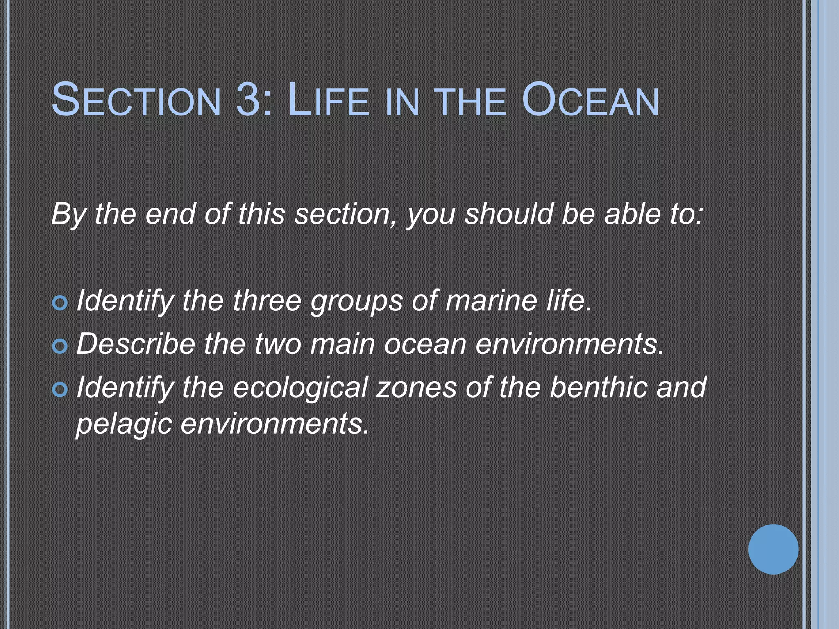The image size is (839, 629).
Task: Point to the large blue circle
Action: [x=773, y=549]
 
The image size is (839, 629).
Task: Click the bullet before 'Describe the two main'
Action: [x=60, y=346]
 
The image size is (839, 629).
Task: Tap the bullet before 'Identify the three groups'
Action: [x=60, y=303]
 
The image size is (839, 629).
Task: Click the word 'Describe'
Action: [x=136, y=344]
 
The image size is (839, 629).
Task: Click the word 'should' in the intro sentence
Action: [x=508, y=214]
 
